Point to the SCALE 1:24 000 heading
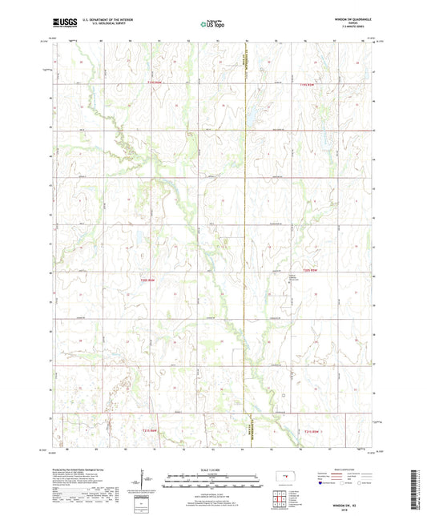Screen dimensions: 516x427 [x=212, y=470]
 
